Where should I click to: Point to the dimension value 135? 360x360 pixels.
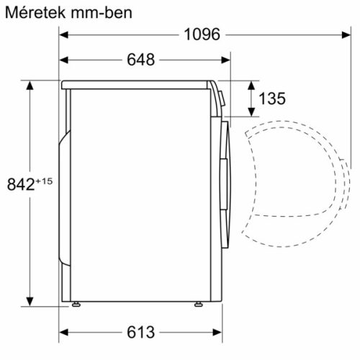(x=271, y=99)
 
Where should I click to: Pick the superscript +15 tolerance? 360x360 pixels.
(x=44, y=180)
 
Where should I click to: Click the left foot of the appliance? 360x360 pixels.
(x=76, y=304)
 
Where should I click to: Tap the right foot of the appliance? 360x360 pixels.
(x=197, y=304)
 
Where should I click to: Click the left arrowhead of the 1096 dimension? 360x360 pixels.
(x=63, y=35)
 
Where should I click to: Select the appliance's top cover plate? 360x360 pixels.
(x=137, y=84)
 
